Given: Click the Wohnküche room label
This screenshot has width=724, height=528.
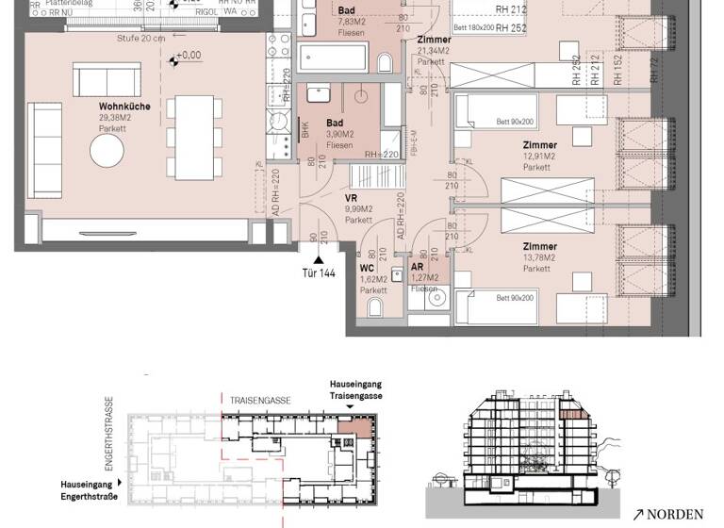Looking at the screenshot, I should click(x=124, y=107).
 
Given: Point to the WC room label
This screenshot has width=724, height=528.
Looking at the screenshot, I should click(x=367, y=268).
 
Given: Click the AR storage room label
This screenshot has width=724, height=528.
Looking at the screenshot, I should click(x=417, y=267).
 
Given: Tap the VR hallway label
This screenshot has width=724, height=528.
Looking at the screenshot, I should click(x=351, y=199).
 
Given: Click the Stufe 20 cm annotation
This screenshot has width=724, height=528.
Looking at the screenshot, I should click(x=142, y=39).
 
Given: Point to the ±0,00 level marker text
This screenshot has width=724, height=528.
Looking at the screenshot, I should click(x=190, y=56).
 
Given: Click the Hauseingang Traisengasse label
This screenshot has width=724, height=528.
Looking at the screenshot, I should click(x=355, y=391).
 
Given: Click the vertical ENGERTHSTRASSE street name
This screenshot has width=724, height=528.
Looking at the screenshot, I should click(x=109, y=433).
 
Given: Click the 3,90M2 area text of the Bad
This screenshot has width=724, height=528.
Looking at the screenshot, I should click(x=339, y=135).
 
